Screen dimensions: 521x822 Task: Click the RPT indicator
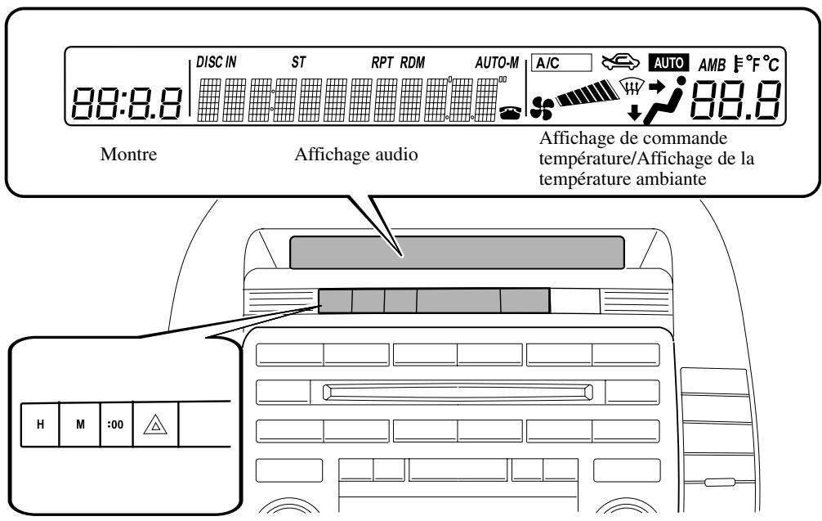pos(382,61)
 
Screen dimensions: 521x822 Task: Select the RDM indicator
pos(419,61)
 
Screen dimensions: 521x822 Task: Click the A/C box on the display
pos(561,61)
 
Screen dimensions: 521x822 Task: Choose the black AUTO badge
pos(663,61)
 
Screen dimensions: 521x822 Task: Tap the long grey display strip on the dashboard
pos(457,252)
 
